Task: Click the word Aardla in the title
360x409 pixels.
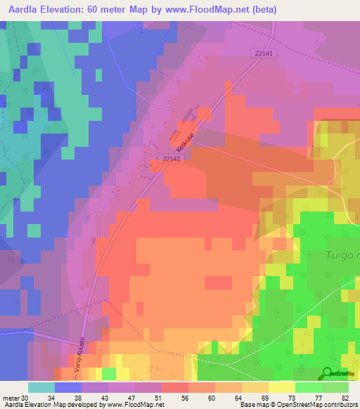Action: pyautogui.click(x=30, y=10)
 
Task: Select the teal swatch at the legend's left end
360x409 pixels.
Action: pyautogui.click(x=41, y=387)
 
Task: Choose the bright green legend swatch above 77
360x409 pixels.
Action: pyautogui.click(x=308, y=387)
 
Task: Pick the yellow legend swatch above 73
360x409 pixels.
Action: pyautogui.click(x=281, y=387)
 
